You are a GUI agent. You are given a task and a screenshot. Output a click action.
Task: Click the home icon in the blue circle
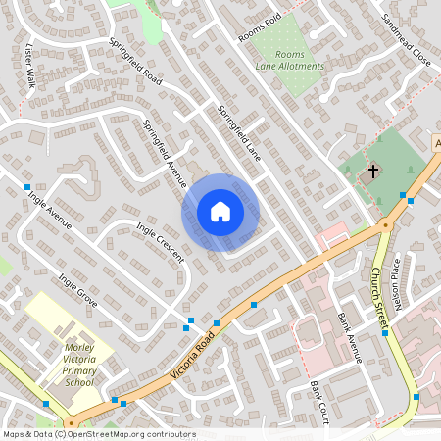[220, 212]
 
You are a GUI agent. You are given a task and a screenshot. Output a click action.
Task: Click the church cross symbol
[372, 171]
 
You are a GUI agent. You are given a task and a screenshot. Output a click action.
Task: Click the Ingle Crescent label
[161, 243]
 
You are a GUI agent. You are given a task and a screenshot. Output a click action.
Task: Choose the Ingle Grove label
[77, 291]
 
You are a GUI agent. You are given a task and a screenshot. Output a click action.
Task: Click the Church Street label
[380, 293]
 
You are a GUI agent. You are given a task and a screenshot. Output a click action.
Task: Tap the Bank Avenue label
[349, 338]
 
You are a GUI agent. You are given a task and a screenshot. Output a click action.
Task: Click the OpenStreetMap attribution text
[99, 433]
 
